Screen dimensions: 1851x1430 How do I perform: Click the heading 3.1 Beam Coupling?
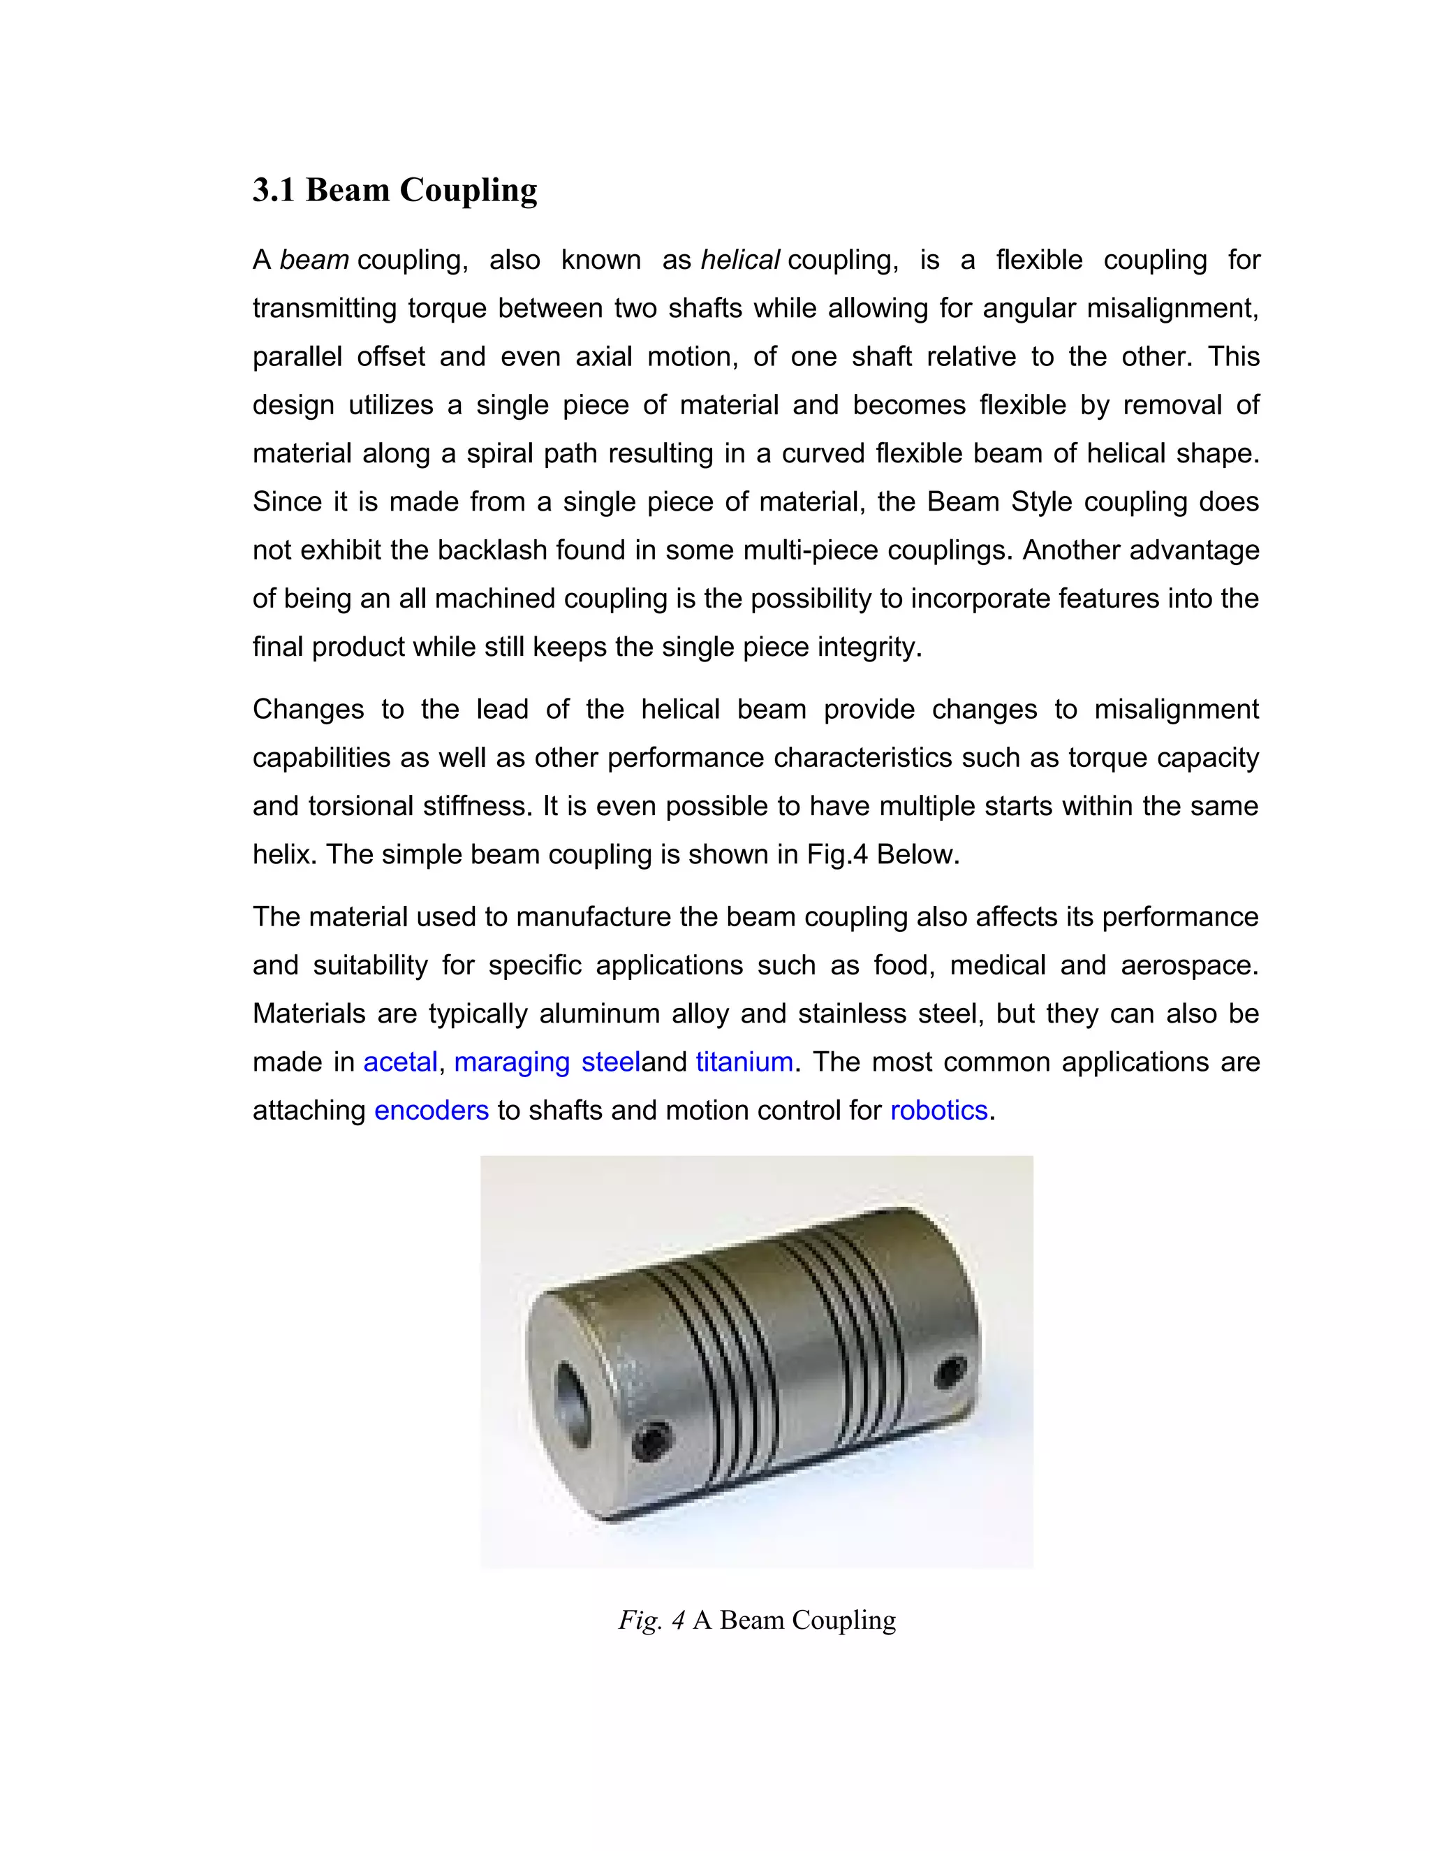(395, 190)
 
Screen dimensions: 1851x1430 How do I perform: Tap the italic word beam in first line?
(314, 259)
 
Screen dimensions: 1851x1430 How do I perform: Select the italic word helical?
(739, 259)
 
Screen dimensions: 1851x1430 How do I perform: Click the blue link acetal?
(400, 1062)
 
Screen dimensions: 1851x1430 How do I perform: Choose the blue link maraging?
(512, 1062)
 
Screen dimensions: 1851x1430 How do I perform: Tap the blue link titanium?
(744, 1062)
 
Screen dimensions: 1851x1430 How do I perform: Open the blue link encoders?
(432, 1111)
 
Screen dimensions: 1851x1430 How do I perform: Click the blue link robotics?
(938, 1111)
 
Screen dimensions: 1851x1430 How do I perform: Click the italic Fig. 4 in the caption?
(651, 1620)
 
